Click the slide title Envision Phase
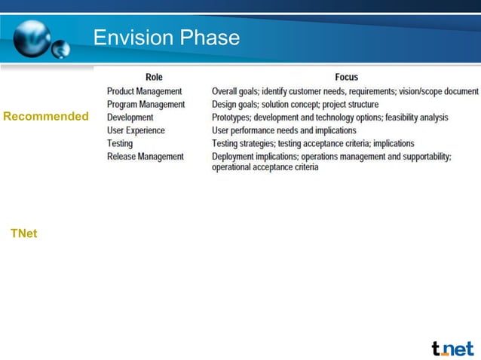point(167,38)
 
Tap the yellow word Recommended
point(46,117)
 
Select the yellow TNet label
point(23,233)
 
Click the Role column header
point(154,77)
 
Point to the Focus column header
point(346,77)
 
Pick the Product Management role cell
point(144,91)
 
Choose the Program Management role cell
point(146,104)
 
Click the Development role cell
point(130,117)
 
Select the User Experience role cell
point(136,130)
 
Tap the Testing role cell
point(120,143)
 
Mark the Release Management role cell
point(145,157)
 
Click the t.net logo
point(452,348)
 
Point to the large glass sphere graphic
point(34,35)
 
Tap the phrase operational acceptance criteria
point(265,167)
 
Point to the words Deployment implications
point(254,157)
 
